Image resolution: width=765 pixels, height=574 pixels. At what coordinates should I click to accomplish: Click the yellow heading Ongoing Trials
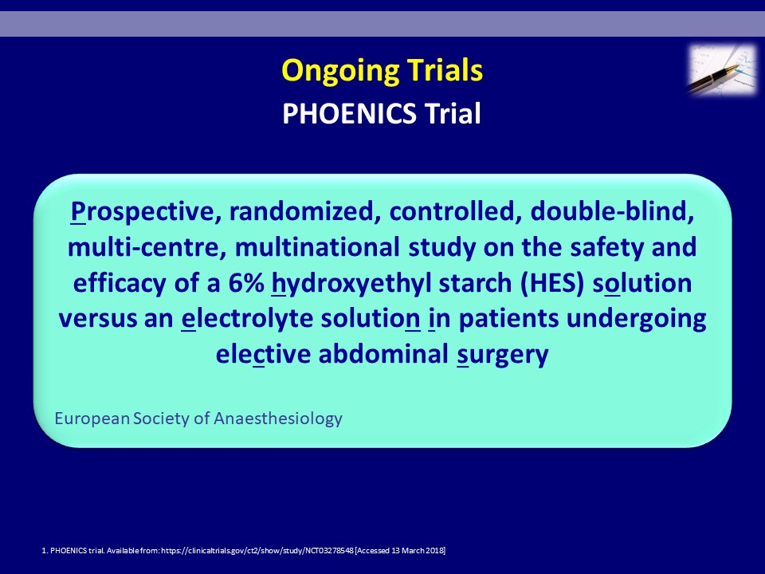click(382, 71)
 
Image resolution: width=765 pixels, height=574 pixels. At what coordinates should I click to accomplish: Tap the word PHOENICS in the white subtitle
click(349, 113)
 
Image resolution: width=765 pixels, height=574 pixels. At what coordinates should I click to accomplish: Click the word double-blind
click(612, 210)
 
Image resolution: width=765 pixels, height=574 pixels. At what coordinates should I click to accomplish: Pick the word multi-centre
click(147, 247)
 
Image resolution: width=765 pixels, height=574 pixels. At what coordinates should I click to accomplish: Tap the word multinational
click(317, 247)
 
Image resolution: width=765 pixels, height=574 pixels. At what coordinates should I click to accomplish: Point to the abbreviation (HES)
click(551, 283)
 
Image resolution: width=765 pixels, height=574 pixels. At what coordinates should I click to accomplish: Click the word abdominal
click(383, 353)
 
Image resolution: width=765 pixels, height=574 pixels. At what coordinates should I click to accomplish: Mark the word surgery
click(503, 355)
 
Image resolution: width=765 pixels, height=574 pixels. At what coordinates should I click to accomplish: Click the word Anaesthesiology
click(277, 419)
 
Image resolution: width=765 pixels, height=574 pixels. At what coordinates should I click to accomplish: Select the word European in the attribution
click(92, 419)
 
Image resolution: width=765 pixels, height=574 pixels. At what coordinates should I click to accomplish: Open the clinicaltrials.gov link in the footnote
click(257, 551)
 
